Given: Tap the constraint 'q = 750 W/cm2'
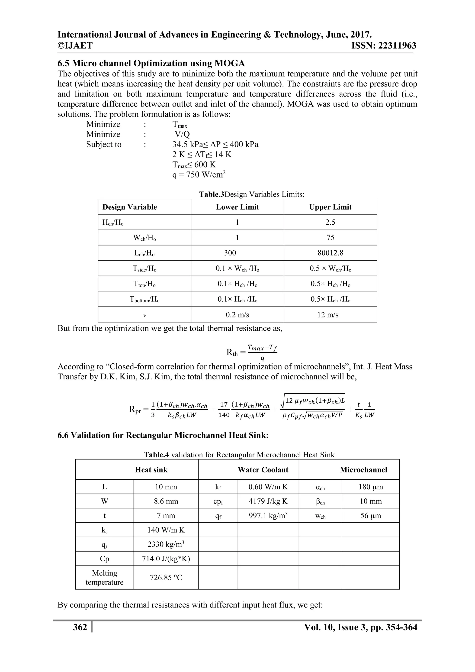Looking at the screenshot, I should [x=199, y=175].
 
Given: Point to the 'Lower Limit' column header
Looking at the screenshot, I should [x=237, y=207].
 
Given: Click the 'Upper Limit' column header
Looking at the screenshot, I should [x=330, y=207].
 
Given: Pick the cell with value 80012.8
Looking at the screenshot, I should [x=330, y=253].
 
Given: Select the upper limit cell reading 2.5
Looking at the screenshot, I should [x=330, y=223].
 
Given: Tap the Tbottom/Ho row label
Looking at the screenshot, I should [x=144, y=299].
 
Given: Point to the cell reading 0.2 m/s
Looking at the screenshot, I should [x=237, y=315].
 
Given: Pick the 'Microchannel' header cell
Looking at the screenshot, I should [x=363, y=470].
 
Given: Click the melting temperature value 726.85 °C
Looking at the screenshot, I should [x=166, y=578].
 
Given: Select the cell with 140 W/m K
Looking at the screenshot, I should [x=166, y=530].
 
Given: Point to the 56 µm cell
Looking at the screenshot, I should [x=371, y=516].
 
